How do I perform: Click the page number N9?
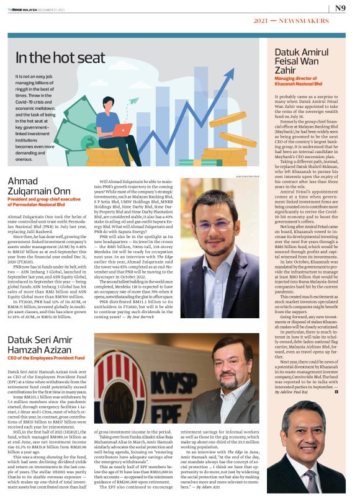click(x=341, y=8)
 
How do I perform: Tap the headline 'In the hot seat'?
click(x=60, y=58)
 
